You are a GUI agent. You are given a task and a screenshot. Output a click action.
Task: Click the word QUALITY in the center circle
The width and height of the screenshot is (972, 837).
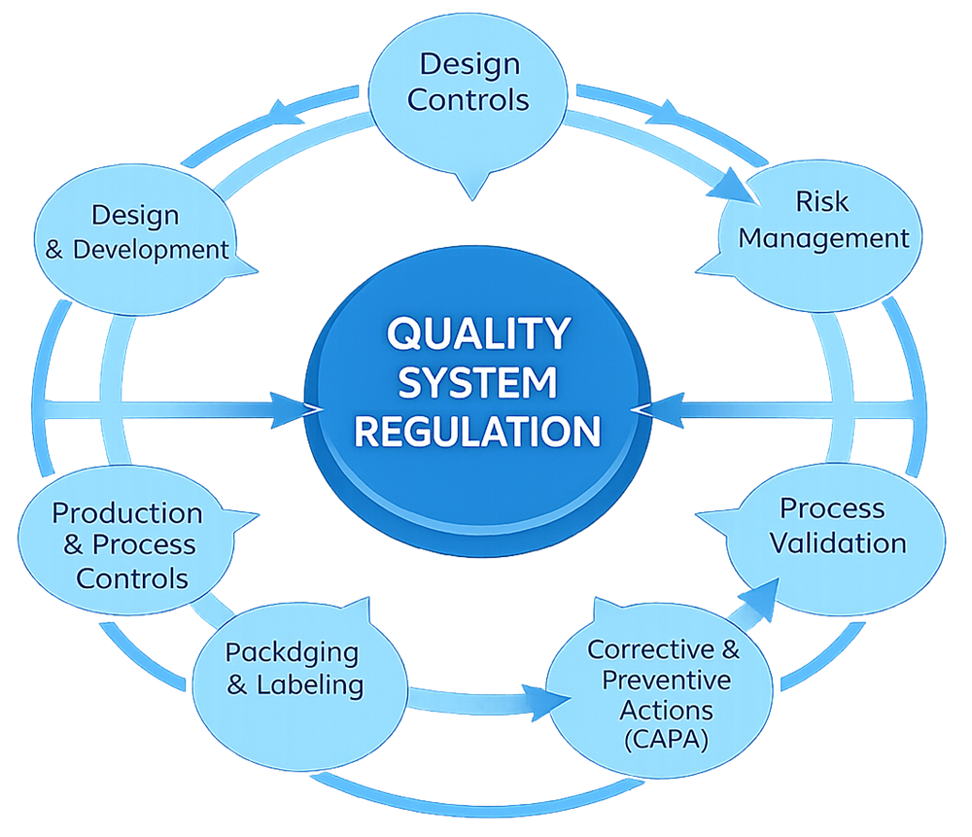477,333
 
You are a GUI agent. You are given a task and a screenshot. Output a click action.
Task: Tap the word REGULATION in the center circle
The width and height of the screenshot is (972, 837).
477,429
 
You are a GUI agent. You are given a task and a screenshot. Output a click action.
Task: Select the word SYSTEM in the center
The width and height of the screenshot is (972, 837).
477,381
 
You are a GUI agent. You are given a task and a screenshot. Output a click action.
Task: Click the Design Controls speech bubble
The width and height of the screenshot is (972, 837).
469,83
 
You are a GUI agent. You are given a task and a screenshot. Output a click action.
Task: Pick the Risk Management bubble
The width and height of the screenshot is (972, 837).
822,222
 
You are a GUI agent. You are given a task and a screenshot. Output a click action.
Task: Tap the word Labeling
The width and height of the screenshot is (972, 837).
309,684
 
